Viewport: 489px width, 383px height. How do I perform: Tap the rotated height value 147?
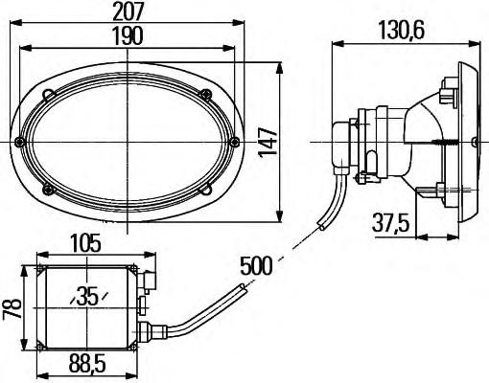pyautogui.click(x=268, y=142)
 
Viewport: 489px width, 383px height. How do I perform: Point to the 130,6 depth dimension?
pyautogui.click(x=402, y=31)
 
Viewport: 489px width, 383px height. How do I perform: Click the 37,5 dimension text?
pyautogui.click(x=390, y=223)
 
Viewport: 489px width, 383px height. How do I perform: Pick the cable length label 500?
pyautogui.click(x=256, y=265)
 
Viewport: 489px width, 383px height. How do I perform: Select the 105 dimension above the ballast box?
pyautogui.click(x=85, y=243)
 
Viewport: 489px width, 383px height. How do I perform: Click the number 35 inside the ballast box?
pyautogui.click(x=87, y=296)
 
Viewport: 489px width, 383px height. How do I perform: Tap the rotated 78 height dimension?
pyautogui.click(x=12, y=308)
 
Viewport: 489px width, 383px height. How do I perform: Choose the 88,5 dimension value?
pyautogui.click(x=87, y=364)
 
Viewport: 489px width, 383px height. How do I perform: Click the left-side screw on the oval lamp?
pyautogui.click(x=20, y=142)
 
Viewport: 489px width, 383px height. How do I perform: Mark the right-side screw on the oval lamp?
pyautogui.click(x=235, y=141)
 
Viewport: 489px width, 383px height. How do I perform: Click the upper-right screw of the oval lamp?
pyautogui.click(x=205, y=94)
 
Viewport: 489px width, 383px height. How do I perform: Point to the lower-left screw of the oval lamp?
pyautogui.click(x=49, y=189)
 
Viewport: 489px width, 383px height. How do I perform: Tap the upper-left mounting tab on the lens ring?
pyautogui.click(x=48, y=95)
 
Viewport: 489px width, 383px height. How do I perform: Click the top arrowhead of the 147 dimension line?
pyautogui.click(x=280, y=69)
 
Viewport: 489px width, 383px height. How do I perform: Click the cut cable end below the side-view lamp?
pyautogui.click(x=321, y=226)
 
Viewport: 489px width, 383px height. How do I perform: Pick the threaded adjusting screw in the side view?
pyautogui.click(x=445, y=143)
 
